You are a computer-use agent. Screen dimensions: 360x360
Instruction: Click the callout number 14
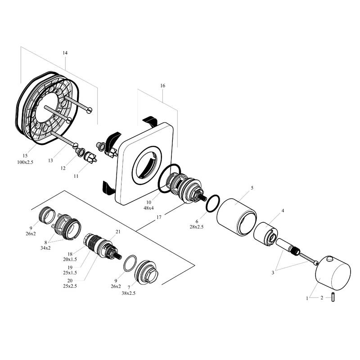(65, 53)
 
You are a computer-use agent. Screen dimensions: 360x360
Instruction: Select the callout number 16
(162, 85)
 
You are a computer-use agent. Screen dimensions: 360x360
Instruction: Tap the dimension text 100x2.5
(25, 162)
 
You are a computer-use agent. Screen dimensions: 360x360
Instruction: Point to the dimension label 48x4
(148, 208)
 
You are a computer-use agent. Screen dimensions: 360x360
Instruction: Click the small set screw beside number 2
(333, 297)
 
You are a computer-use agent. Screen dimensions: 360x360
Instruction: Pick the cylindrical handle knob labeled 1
(333, 273)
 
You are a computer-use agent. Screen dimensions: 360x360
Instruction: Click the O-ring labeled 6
(213, 203)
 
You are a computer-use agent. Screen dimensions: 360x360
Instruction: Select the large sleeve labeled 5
(237, 217)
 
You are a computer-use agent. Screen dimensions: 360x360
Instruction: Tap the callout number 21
(118, 232)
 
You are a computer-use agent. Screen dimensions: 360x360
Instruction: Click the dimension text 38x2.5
(129, 293)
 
